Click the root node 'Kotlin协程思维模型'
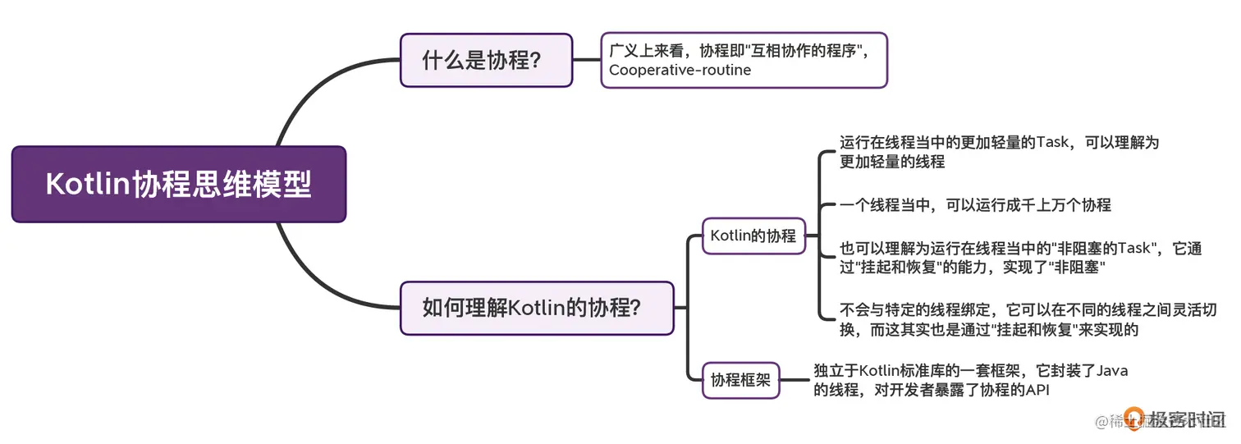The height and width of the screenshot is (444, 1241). click(x=178, y=184)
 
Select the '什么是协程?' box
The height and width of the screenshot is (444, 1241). click(x=486, y=60)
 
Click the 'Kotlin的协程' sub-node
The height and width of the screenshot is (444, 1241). click(x=753, y=236)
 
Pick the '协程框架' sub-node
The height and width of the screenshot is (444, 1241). click(x=740, y=380)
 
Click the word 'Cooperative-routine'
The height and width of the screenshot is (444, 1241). click(x=680, y=71)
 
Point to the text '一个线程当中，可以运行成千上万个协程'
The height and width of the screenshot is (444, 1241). click(x=975, y=205)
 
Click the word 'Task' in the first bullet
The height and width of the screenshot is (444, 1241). click(x=1053, y=143)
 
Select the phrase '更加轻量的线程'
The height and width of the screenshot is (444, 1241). click(x=892, y=162)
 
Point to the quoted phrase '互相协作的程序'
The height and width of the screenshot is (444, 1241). click(x=806, y=50)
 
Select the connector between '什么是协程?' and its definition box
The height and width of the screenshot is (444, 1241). click(x=586, y=60)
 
